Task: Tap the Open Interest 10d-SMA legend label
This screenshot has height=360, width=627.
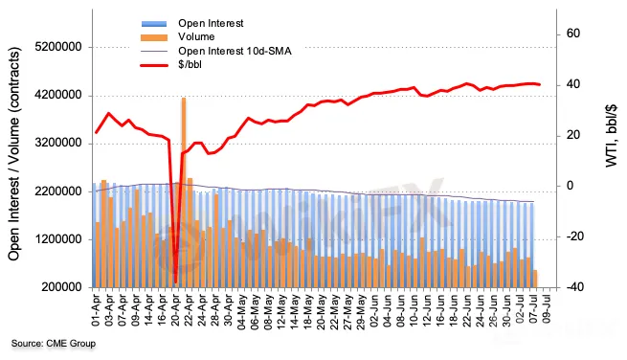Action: click(x=235, y=51)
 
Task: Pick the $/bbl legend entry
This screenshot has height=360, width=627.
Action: click(x=190, y=64)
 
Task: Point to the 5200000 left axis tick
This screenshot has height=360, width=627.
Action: click(x=58, y=47)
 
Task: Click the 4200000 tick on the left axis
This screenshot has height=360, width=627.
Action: click(x=58, y=96)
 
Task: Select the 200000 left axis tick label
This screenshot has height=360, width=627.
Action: click(x=61, y=287)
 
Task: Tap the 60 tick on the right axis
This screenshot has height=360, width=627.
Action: click(x=573, y=34)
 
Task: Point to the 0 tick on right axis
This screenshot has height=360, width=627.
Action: click(x=570, y=186)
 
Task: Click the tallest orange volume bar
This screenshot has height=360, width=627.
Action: click(x=184, y=192)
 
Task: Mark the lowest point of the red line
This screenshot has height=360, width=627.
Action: click(x=175, y=282)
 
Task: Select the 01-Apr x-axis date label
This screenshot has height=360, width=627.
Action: click(x=96, y=311)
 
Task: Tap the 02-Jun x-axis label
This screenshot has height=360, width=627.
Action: click(x=374, y=311)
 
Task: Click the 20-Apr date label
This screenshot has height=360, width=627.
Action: click(x=175, y=311)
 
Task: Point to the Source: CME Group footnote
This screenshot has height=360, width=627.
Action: click(x=54, y=343)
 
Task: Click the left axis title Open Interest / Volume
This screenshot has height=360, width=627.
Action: click(x=13, y=154)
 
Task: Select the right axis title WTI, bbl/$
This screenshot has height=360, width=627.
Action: click(x=611, y=136)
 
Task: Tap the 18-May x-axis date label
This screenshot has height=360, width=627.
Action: click(x=308, y=311)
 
